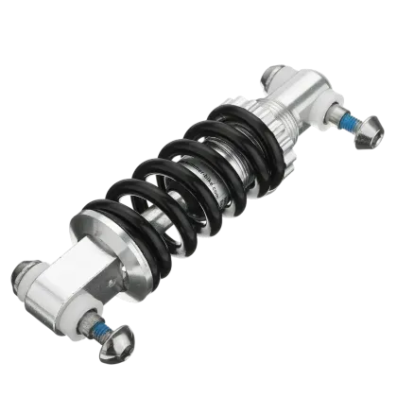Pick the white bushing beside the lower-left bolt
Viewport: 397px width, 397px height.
tap(83, 313)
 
